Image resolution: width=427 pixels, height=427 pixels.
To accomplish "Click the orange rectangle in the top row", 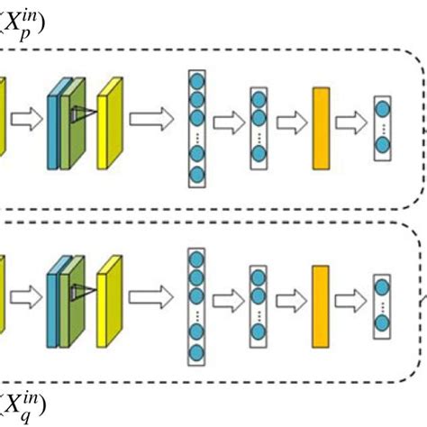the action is point(322,129).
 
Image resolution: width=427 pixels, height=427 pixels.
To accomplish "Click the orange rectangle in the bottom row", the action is point(321,306).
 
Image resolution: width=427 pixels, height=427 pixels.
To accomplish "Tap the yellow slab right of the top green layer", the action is point(110,123).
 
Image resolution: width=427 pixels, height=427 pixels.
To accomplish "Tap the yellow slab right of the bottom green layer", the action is point(109,302).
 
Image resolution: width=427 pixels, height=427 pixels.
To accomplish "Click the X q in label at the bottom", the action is point(23,407).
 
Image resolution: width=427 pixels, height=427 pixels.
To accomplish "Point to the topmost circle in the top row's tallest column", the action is point(197,81).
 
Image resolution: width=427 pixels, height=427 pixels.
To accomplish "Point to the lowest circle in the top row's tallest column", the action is point(197,175).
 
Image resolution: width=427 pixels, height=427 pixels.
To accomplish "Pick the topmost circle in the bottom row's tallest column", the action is point(196,259).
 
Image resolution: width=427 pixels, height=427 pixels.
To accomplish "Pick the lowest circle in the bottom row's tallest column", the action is point(196,352).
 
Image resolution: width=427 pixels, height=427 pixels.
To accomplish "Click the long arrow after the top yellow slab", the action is point(151,119).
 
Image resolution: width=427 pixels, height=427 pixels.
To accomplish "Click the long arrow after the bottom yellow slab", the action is point(151,297).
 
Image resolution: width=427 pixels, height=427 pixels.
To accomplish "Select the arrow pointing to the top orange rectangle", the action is point(292,123).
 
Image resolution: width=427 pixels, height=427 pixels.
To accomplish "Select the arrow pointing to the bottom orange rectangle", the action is point(292,301).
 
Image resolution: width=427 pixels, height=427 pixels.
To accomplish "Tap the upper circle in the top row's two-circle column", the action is point(383,109).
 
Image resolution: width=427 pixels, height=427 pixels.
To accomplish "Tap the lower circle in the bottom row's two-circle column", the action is point(382,323).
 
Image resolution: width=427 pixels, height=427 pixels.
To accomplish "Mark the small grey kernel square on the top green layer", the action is point(73,114).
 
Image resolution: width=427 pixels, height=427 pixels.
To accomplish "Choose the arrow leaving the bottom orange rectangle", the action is point(350,301).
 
